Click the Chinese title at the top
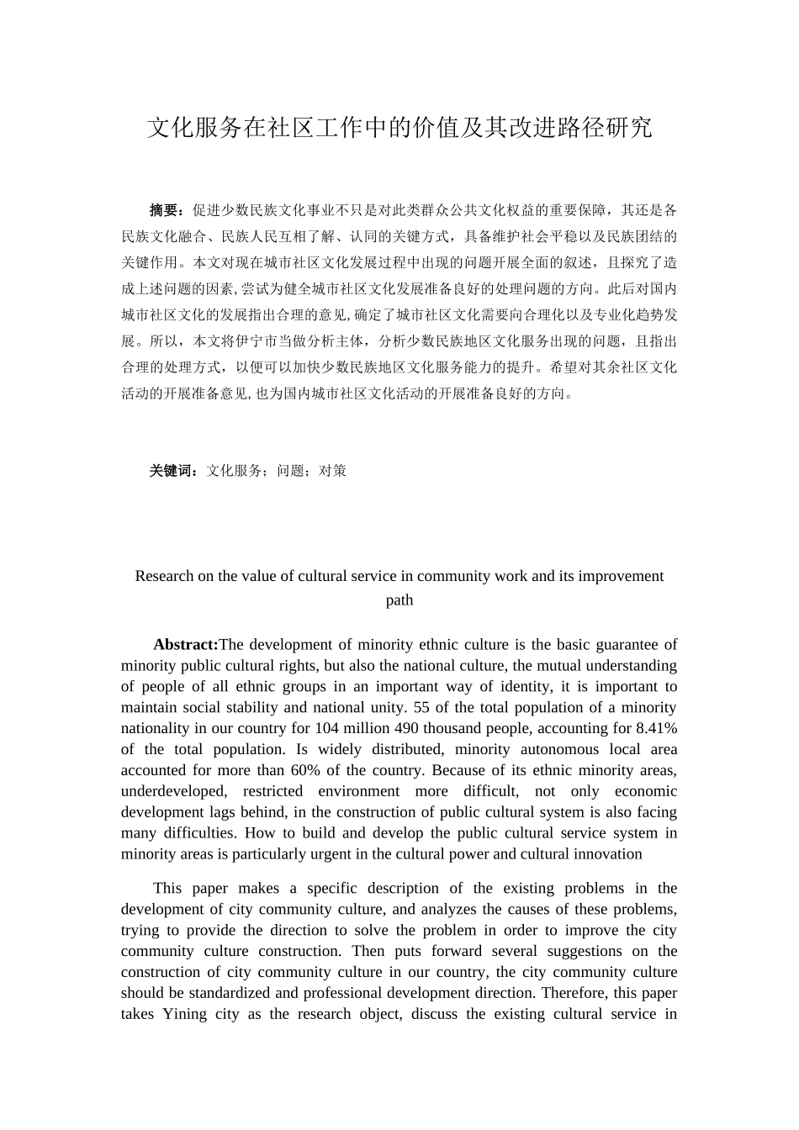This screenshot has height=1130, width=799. coord(399,128)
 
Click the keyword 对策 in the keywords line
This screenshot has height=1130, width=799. coord(333,471)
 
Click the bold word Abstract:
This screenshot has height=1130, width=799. coord(185,645)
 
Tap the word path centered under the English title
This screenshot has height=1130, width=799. coord(399,600)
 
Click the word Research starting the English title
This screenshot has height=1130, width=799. coord(164,576)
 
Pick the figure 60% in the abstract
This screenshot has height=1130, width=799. coord(310,770)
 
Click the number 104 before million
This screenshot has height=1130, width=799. coord(326,728)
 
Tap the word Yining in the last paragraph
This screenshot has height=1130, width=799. coord(184,1014)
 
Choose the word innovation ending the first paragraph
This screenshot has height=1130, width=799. coord(609,854)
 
